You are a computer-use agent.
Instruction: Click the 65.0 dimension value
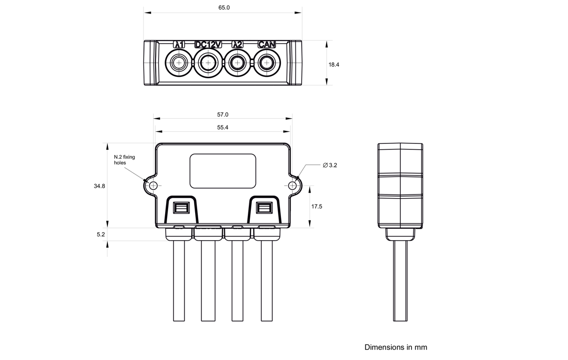tap(224, 8)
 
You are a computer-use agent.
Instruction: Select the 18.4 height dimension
tap(334, 65)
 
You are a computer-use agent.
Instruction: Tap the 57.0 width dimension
tap(222, 115)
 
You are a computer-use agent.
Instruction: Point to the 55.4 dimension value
tap(223, 127)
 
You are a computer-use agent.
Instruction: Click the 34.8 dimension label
tap(99, 186)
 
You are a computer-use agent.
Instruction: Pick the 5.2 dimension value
tap(101, 234)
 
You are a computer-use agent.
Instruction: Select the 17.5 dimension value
tap(317, 207)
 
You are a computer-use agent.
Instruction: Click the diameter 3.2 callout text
tap(330, 165)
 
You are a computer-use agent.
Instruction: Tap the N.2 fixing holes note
tap(124, 160)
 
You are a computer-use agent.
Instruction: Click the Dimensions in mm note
tap(396, 347)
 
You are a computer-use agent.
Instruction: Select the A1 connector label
tap(179, 45)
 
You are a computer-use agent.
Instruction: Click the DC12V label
tap(208, 45)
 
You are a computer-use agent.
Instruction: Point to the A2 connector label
tap(237, 45)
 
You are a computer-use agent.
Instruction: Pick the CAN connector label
tap(267, 45)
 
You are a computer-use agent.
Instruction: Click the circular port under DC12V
tap(208, 63)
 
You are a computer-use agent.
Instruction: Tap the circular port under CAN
tap(266, 63)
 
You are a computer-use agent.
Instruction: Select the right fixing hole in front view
tap(293, 186)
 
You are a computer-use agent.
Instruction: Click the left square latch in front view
tap(181, 208)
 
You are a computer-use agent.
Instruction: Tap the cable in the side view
tap(400, 281)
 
